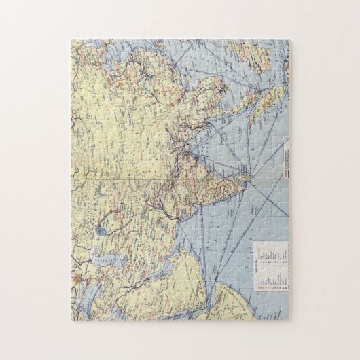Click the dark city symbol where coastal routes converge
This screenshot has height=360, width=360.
pos(196,159)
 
